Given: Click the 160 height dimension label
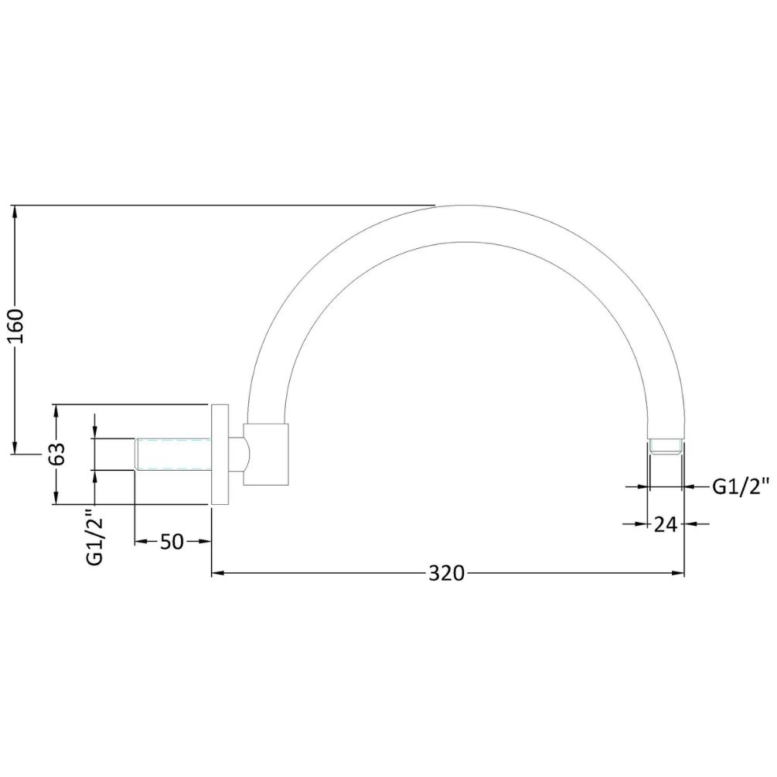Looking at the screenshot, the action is (x=16, y=325).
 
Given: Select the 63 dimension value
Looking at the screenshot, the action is (x=57, y=453).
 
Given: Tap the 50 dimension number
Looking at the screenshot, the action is (x=172, y=542).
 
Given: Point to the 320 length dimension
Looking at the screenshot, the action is (x=446, y=574).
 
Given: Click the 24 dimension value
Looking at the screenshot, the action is (x=666, y=523).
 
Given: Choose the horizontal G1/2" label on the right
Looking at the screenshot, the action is (x=741, y=486).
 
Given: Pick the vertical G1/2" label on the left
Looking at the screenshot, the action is (x=94, y=537).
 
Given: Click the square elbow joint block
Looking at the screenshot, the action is (x=266, y=454).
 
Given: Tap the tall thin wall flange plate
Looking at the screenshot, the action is (x=220, y=455).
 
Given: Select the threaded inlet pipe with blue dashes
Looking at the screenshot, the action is (x=173, y=453).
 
